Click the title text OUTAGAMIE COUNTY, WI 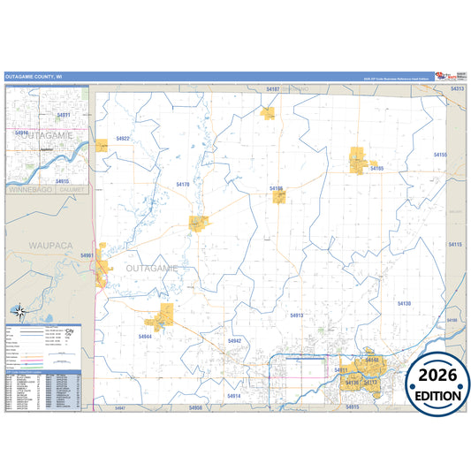(x=34, y=77)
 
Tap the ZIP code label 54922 (x=123, y=139)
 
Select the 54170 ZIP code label (x=184, y=183)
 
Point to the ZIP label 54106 (x=276, y=188)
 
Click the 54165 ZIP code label (x=376, y=168)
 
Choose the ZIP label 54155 (x=440, y=155)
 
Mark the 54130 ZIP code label (x=404, y=303)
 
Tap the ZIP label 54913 (x=296, y=315)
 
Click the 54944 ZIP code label (x=145, y=336)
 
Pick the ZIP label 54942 (x=234, y=340)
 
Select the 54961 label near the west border (x=87, y=255)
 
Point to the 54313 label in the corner (x=457, y=89)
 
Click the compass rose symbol (x=19, y=312)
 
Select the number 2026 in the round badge (x=433, y=374)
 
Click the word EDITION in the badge (x=433, y=394)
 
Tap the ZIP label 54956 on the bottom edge (x=195, y=407)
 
